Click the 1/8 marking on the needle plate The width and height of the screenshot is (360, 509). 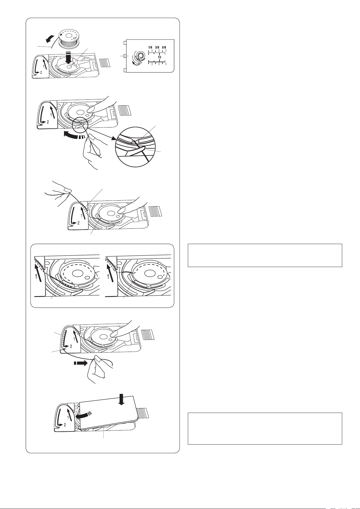point(150,47)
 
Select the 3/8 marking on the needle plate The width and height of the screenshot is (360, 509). point(157,47)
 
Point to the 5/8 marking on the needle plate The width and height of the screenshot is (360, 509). point(164,47)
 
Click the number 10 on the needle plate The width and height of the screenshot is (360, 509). point(159,57)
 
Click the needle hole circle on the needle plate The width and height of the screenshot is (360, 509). point(140,56)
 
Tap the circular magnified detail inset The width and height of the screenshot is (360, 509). point(135,147)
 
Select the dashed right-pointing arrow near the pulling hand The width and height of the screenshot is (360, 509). point(80,363)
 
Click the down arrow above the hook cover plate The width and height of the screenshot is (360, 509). point(122,401)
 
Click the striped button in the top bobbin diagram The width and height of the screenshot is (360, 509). point(105,62)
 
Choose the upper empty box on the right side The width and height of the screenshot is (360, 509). point(265,256)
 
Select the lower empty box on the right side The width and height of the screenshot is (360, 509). point(265,429)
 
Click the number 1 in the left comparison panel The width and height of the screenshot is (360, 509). point(36,277)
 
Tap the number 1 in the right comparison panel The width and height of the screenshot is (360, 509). point(108,277)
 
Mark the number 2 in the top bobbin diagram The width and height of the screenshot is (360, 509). point(41,72)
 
